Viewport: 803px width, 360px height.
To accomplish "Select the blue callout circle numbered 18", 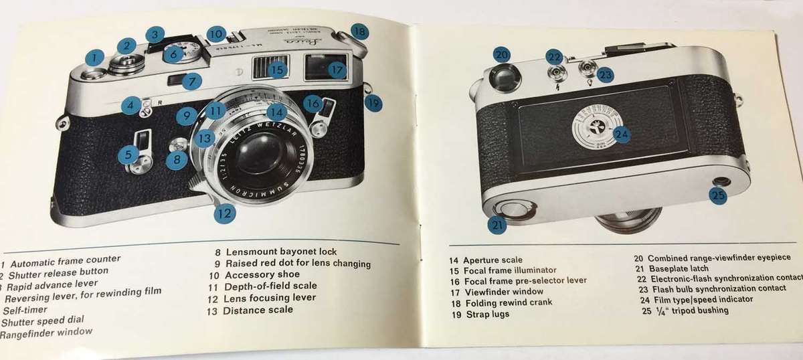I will click(x=359, y=31).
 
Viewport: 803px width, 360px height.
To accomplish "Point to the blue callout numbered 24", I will click(x=622, y=134).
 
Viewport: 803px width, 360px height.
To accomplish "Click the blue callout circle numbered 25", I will click(x=718, y=196).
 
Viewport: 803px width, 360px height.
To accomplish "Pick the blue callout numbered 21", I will click(x=497, y=225).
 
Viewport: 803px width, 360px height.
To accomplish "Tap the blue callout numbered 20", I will click(x=502, y=55).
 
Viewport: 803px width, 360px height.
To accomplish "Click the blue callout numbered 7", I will click(x=191, y=81).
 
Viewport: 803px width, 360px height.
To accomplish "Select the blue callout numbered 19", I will click(x=373, y=103).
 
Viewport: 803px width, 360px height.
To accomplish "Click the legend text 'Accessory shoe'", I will click(x=262, y=274).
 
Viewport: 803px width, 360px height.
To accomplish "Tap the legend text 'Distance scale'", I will click(x=258, y=310).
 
